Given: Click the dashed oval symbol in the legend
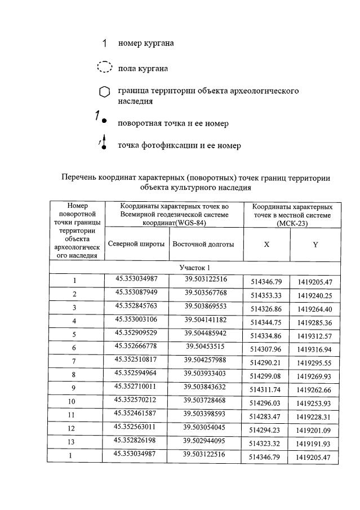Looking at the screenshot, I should click(105, 67).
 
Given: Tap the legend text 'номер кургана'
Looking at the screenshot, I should click(146, 43).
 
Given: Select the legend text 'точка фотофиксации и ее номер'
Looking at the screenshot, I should click(179, 145).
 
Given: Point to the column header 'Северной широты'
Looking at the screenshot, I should click(136, 244).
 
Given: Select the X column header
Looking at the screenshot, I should click(266, 245).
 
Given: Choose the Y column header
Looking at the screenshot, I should click(315, 245).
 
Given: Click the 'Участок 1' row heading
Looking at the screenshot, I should click(195, 268).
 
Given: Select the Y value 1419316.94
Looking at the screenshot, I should click(315, 349).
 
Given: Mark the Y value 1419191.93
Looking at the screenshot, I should click(315, 444).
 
